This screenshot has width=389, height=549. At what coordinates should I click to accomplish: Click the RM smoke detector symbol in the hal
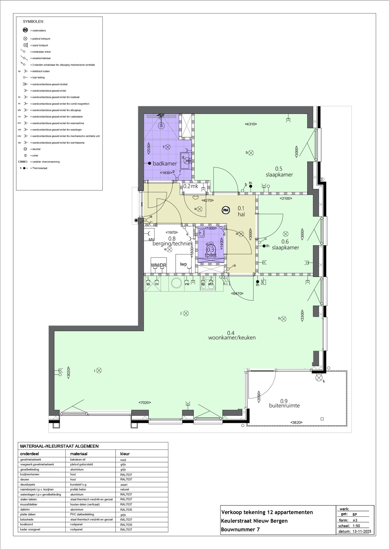[226, 210]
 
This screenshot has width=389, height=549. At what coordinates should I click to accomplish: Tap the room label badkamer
[165, 164]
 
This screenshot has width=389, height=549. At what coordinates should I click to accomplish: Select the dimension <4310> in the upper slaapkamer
[251, 124]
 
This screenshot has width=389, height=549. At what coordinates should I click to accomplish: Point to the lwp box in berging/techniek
[183, 264]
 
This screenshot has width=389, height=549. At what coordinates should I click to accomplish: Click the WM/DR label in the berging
[159, 265]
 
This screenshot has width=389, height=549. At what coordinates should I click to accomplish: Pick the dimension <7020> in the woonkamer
[145, 403]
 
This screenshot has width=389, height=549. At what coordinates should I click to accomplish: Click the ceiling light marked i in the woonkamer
[99, 370]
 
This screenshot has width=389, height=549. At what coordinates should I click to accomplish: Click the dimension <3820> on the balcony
[296, 422]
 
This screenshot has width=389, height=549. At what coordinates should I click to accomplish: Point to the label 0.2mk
[191, 186]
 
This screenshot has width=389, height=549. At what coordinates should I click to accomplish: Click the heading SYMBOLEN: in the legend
[33, 21]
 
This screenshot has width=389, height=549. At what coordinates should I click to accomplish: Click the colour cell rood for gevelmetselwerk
[123, 460]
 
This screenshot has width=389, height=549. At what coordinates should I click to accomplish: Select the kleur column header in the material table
[123, 454]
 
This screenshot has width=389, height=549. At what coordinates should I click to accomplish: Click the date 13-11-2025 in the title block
[362, 531]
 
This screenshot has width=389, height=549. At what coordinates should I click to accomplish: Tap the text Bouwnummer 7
[240, 529]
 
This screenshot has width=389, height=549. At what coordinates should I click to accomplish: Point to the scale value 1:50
[356, 526]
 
